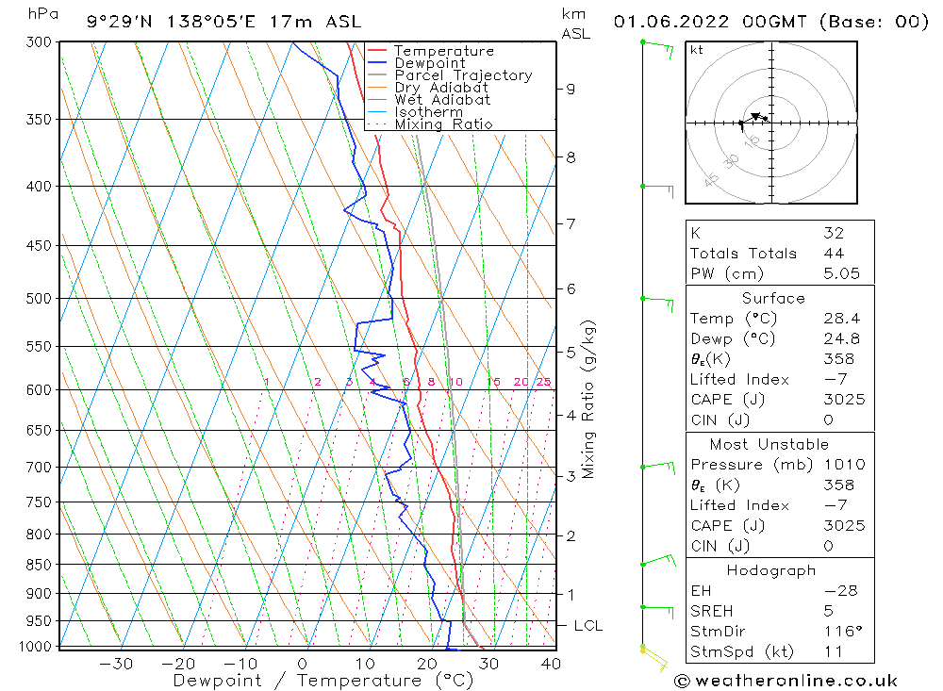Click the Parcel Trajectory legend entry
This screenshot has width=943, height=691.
[463, 75]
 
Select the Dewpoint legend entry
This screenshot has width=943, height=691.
[429, 63]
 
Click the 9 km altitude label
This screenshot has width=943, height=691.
[571, 89]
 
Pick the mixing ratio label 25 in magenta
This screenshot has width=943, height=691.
[543, 382]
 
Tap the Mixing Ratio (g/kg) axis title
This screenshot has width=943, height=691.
[589, 399]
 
